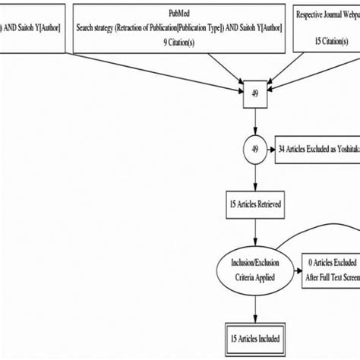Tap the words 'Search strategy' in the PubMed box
tap(102, 28)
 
